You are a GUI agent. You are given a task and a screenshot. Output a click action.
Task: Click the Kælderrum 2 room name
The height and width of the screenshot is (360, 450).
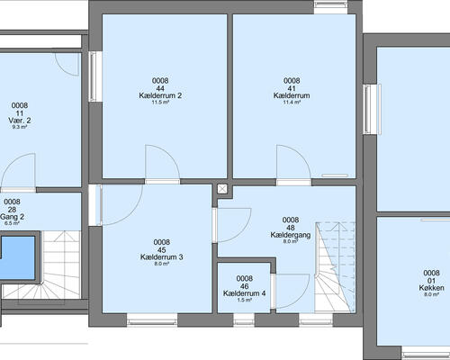click(x=160, y=95)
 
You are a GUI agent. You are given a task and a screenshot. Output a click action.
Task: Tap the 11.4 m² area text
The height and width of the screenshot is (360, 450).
click(x=292, y=103)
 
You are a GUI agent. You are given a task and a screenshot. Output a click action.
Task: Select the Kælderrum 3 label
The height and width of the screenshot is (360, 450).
click(x=162, y=257)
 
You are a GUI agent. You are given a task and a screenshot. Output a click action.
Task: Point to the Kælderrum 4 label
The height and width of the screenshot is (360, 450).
click(x=244, y=293)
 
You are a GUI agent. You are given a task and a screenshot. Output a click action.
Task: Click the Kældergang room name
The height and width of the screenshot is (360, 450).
click(x=291, y=235)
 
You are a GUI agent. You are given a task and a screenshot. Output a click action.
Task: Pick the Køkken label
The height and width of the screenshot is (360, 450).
click(x=431, y=288)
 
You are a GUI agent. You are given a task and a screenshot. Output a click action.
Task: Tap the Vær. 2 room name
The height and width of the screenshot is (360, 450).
click(x=20, y=121)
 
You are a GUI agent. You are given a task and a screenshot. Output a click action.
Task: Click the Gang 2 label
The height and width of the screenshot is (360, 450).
click(x=12, y=217)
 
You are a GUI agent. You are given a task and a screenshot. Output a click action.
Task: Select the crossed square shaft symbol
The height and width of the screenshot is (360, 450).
click(x=222, y=189)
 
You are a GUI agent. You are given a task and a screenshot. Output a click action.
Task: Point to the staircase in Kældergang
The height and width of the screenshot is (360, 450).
click(x=335, y=267)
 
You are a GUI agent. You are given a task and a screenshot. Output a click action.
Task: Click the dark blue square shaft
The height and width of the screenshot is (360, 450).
click(x=18, y=257)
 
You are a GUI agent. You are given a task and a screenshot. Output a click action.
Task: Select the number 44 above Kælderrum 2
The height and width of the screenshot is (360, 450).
click(x=160, y=88)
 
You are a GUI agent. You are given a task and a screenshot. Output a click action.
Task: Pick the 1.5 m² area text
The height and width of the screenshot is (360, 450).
click(x=244, y=300)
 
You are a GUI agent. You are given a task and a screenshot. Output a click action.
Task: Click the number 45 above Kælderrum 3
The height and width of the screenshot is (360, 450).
click(x=162, y=250)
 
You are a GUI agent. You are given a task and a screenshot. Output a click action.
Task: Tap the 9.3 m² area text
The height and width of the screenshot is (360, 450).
click(x=20, y=127)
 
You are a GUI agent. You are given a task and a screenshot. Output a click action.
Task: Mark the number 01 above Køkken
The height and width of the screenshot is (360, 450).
click(x=431, y=281)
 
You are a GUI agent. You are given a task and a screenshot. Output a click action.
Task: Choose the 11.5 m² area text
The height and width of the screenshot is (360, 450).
click(x=160, y=103)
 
